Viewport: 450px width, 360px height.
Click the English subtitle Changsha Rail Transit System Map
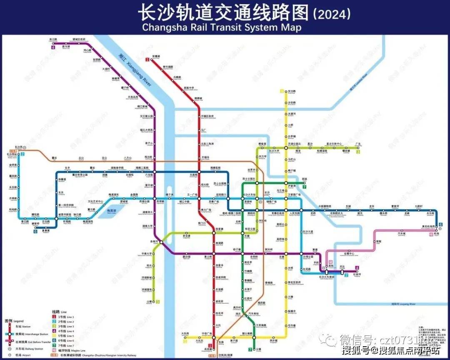click(x=221, y=27)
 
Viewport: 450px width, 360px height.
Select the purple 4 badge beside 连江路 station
click(x=53, y=47)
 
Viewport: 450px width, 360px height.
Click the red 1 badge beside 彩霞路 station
click(x=147, y=60)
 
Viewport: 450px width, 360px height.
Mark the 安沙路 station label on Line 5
click(x=292, y=91)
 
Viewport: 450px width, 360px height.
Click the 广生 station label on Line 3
click(x=357, y=144)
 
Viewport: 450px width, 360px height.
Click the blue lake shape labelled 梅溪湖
click(x=110, y=211)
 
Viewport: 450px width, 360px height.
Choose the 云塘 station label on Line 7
click(x=258, y=348)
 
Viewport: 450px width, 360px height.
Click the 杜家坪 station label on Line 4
click(x=357, y=275)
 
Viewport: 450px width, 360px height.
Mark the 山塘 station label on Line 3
click(x=150, y=301)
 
